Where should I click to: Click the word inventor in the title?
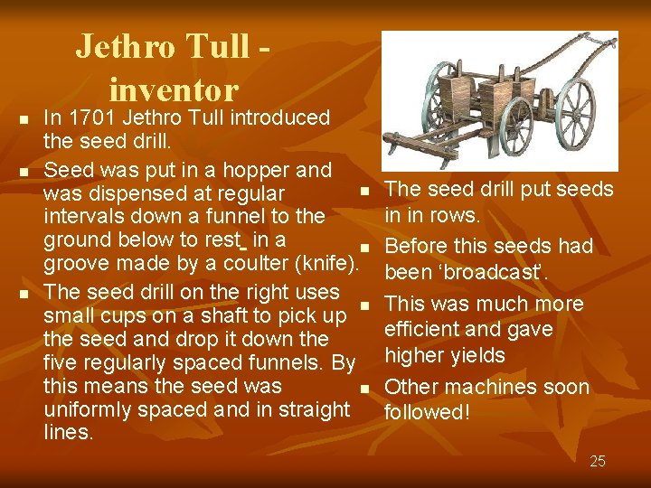coord(174,89)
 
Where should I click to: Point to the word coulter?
coord(256,264)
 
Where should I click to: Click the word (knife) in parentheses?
coord(327,264)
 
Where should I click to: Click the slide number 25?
coord(598,462)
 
